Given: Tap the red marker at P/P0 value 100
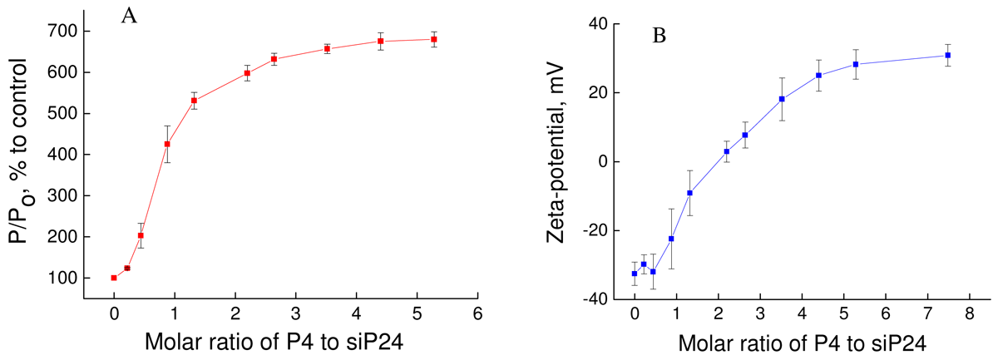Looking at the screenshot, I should [114, 278].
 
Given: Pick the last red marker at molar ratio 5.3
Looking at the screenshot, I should [434, 39].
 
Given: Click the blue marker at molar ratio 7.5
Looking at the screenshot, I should [947, 55].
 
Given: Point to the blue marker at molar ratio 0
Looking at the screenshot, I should [635, 274].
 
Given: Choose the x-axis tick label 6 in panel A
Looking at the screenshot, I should [477, 314].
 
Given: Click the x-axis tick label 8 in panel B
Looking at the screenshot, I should [969, 314].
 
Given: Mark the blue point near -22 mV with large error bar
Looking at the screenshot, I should [671, 239].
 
